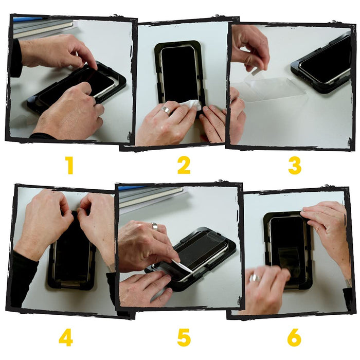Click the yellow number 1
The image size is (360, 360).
click(69, 166)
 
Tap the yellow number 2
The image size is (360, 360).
click(184, 165)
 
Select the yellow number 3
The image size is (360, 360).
click(295, 166)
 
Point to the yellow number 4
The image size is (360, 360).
click(66, 338)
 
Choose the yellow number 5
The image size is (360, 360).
click(184, 338)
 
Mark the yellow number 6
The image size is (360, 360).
click(294, 338)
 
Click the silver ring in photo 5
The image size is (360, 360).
click(155, 226)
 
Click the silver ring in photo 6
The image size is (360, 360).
click(255, 278)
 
